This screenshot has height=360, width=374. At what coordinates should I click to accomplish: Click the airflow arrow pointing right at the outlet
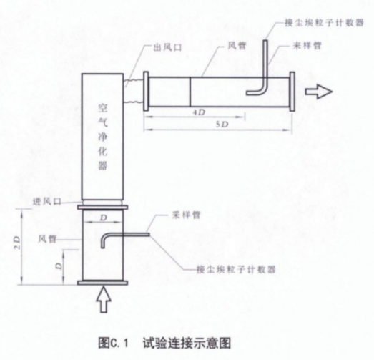click(x=319, y=92)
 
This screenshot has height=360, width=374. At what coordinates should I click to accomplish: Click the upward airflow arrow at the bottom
click(x=104, y=300)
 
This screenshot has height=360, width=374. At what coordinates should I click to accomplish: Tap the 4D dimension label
click(x=199, y=112)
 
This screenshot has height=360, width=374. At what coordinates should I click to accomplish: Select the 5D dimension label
click(x=222, y=124)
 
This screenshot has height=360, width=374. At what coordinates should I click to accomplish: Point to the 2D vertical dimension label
click(x=18, y=243)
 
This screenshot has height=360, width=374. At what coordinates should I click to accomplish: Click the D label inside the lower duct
click(x=103, y=218)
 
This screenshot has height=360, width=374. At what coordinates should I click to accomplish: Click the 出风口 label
click(x=167, y=47)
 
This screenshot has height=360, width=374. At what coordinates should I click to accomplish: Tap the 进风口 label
click(x=47, y=202)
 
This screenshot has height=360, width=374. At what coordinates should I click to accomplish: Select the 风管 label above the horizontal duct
click(x=237, y=45)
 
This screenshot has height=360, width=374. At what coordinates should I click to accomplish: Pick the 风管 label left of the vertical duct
click(x=47, y=239)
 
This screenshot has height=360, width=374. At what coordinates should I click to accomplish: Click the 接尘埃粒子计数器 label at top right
click(x=325, y=23)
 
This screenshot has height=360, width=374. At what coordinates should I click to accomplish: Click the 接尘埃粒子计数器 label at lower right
click(x=236, y=269)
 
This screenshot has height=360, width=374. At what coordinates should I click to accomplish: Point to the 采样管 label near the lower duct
click(x=186, y=215)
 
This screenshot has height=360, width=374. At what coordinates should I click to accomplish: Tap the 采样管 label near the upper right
click(x=307, y=45)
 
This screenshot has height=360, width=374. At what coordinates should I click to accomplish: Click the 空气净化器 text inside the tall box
click(x=103, y=137)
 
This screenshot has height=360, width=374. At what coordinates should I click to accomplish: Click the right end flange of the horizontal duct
click(x=292, y=92)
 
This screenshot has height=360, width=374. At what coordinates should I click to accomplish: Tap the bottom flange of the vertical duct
click(x=102, y=283)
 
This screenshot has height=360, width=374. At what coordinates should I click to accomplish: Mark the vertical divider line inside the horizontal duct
click(x=190, y=92)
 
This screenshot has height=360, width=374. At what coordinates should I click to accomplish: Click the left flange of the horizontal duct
click(x=146, y=91)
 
